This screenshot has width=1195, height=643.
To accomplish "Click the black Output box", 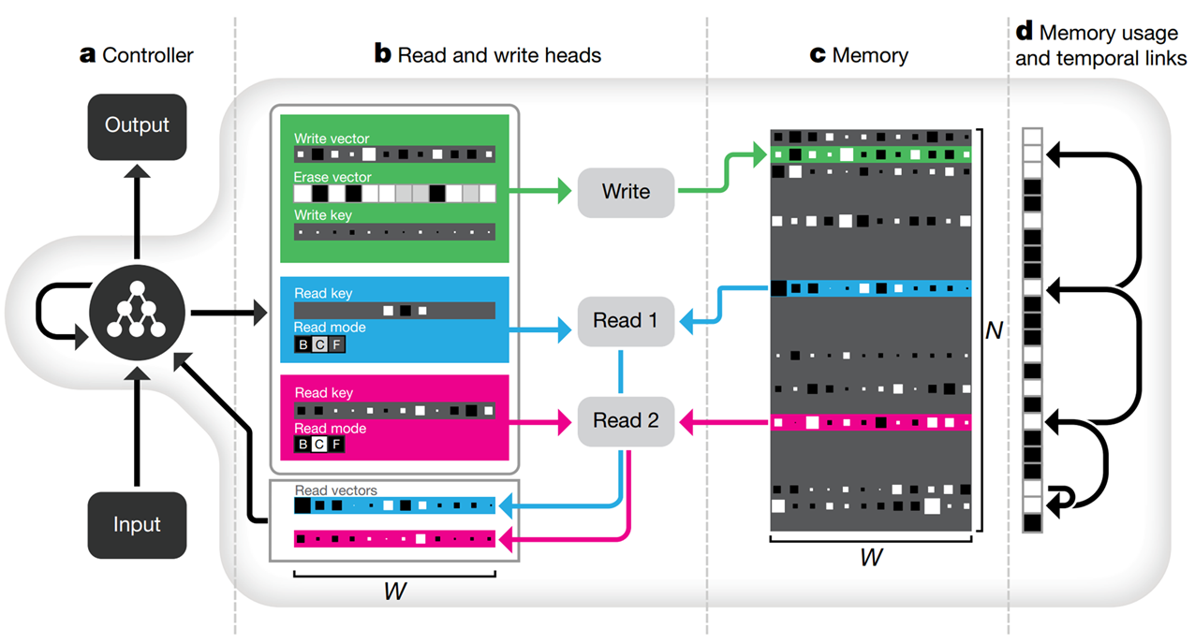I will click(137, 124).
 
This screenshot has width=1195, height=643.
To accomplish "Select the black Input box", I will click(137, 524).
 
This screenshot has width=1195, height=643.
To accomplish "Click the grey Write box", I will click(626, 192).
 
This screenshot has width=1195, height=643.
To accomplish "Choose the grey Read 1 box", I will click(626, 321).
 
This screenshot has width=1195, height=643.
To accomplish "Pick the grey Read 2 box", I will click(626, 420).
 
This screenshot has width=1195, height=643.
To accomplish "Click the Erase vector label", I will click(332, 177).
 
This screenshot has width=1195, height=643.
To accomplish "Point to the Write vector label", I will click(332, 139).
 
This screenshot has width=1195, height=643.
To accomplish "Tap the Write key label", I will click(323, 215).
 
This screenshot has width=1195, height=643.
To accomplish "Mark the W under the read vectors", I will click(395, 592).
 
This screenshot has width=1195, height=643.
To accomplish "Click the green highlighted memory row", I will click(871, 153).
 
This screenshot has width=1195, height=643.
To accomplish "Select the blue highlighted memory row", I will click(871, 287).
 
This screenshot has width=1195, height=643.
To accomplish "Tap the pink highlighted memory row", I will click(871, 423).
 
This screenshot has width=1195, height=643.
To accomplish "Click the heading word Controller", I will click(147, 55).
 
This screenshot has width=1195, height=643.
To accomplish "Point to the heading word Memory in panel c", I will click(870, 55).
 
